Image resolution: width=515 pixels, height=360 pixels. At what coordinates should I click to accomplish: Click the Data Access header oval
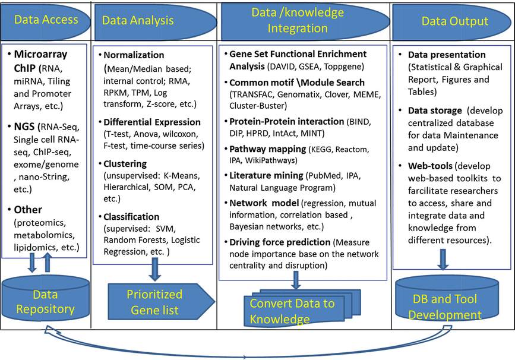point(46,20)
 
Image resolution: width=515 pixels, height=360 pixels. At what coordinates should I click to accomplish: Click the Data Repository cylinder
point(45,301)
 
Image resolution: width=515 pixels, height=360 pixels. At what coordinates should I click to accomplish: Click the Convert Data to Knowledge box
point(292,310)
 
